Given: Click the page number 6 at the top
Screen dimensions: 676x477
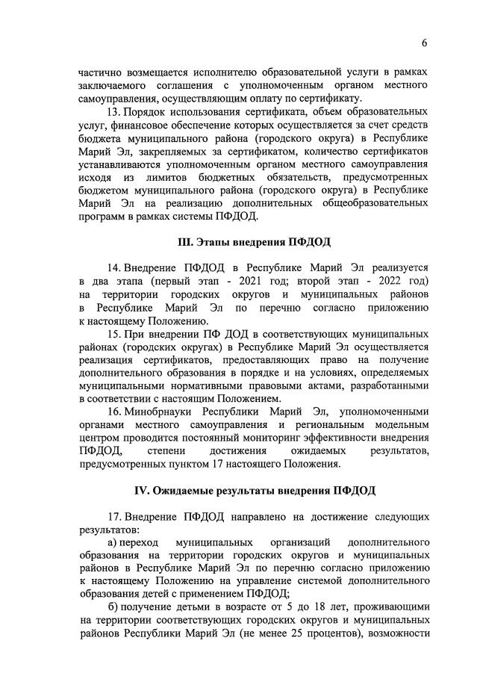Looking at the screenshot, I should coord(424,43).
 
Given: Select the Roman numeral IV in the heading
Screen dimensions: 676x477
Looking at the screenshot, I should coord(143,490).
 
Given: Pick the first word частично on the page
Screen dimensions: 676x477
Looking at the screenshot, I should coord(101,72).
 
